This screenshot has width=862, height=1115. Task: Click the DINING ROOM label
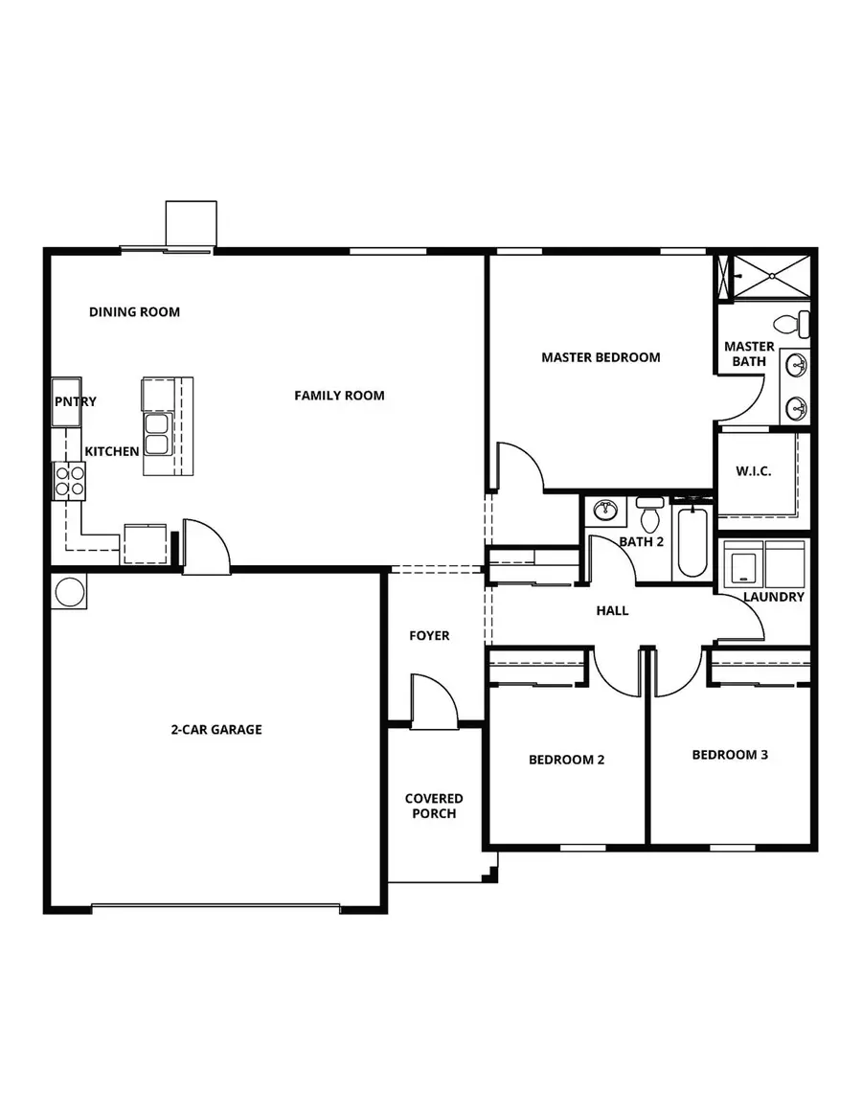[x=134, y=311]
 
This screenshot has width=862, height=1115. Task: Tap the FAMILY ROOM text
[x=339, y=395]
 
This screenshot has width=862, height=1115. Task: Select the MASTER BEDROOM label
[x=601, y=357]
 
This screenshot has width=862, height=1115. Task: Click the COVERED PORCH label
[x=434, y=806]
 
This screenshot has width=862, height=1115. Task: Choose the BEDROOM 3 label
[x=730, y=754]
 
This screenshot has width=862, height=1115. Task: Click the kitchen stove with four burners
[x=69, y=479]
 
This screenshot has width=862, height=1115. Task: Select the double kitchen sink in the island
[x=155, y=434]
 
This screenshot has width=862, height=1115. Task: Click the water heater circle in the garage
[x=70, y=591]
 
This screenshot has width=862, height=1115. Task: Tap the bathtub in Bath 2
[x=692, y=542]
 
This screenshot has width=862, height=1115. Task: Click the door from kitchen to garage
[x=206, y=550]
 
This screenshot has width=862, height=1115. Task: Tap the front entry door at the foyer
[x=433, y=703]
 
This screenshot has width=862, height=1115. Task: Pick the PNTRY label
[x=75, y=401]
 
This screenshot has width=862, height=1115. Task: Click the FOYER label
[x=429, y=635]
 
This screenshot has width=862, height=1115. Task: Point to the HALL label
[x=612, y=610]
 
